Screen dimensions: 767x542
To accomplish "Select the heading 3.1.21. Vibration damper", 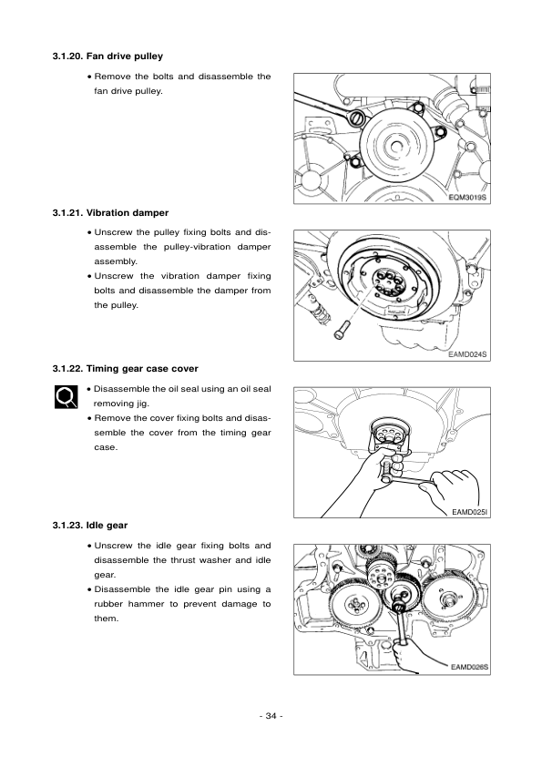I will (x=110, y=214).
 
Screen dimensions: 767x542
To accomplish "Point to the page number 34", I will (x=271, y=716).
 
